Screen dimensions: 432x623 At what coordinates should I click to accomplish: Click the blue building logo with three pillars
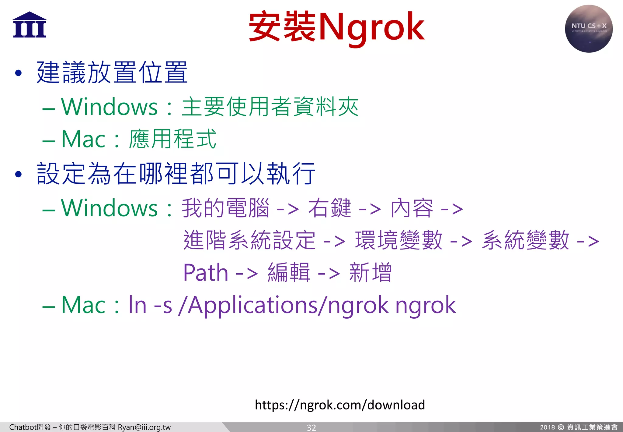click(x=30, y=25)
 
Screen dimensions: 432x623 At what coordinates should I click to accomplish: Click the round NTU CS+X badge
click(x=589, y=29)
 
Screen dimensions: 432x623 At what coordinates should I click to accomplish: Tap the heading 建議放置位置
click(x=112, y=73)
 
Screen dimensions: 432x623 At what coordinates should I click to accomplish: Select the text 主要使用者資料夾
click(x=270, y=107)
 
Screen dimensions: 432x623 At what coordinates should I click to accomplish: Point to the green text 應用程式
click(x=172, y=139)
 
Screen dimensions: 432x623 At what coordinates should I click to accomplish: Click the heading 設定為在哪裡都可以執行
click(x=176, y=174)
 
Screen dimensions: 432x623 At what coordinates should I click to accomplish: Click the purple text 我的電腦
click(x=225, y=208)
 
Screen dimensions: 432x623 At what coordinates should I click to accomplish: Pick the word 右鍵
click(x=330, y=208)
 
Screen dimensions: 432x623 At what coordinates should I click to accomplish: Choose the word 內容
click(x=412, y=208)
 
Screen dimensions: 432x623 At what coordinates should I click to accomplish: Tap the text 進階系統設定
click(x=249, y=240)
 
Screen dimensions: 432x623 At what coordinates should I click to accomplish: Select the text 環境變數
click(x=399, y=240)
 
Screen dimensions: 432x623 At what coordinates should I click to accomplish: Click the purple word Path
click(x=206, y=272)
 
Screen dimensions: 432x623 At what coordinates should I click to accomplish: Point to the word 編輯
click(x=289, y=272)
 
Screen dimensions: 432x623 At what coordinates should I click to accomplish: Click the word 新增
click(x=370, y=272)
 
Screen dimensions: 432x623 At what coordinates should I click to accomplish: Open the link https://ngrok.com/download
click(x=340, y=405)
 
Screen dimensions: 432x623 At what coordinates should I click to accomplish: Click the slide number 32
click(x=311, y=427)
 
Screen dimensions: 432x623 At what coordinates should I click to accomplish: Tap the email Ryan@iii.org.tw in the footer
click(x=144, y=427)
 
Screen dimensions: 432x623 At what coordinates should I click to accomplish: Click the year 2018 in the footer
click(x=547, y=427)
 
